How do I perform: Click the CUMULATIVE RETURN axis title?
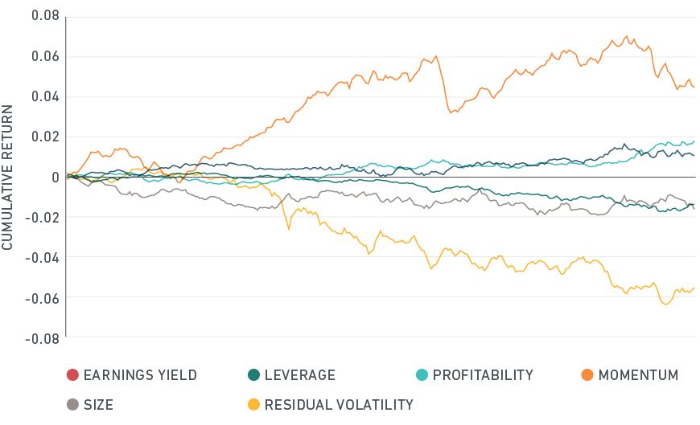point(8,177)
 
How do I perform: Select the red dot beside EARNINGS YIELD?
point(72,375)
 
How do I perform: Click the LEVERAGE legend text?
point(299,375)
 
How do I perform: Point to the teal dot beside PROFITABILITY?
point(421,375)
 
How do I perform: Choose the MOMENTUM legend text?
point(638,375)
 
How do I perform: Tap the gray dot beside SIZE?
point(72,404)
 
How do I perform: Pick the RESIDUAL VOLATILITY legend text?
point(339,404)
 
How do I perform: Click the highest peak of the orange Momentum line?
point(626,36)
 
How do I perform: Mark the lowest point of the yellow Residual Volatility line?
point(666,304)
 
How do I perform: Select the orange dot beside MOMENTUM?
point(587,375)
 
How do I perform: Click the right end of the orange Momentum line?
point(694,87)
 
